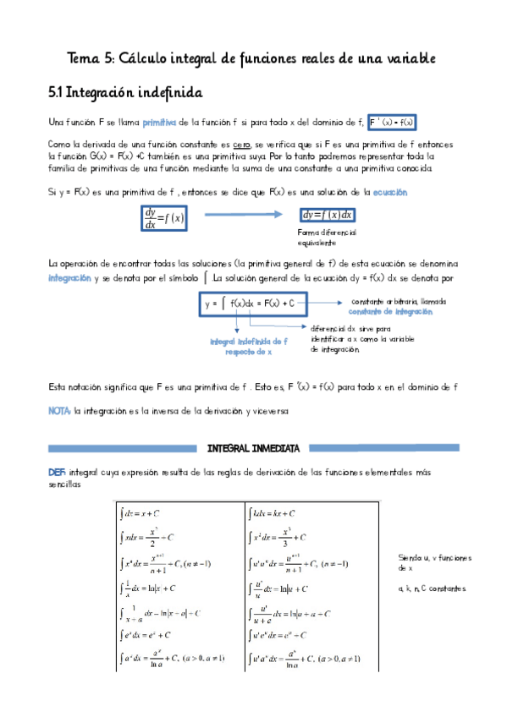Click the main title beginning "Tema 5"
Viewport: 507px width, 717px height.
(251, 58)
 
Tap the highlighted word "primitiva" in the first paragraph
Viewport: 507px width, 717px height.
(158, 122)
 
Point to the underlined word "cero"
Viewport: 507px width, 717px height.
(242, 145)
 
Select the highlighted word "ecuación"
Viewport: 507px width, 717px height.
(389, 192)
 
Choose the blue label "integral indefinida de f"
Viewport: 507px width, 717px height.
(249, 341)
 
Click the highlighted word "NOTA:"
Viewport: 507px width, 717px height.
(59, 411)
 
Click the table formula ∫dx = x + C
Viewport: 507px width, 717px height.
(141, 512)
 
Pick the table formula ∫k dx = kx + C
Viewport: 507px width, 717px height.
(271, 512)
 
